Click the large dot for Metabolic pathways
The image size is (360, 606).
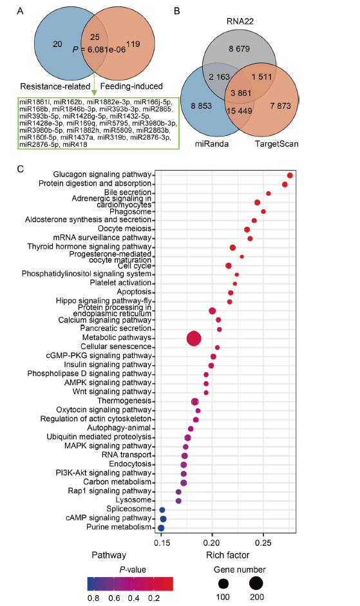(194, 339)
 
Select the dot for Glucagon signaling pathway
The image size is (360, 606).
(290, 175)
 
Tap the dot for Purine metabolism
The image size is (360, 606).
(161, 528)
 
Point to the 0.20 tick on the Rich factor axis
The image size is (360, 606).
(212, 534)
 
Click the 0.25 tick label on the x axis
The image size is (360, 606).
(263, 543)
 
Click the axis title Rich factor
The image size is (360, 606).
(228, 555)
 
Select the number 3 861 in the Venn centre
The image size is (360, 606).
(241, 93)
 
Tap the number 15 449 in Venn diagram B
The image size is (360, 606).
(240, 111)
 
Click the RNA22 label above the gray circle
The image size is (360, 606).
(240, 21)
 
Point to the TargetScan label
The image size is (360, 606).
(277, 144)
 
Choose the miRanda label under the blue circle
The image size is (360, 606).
(211, 144)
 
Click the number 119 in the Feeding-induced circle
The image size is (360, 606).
(133, 44)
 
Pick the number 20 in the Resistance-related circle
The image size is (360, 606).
(57, 44)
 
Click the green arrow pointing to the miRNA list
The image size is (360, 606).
(93, 83)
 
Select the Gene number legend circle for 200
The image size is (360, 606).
(256, 583)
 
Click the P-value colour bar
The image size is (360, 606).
(130, 584)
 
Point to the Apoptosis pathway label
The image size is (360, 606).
(134, 292)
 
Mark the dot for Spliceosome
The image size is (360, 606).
(162, 510)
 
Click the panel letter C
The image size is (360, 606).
(21, 169)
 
